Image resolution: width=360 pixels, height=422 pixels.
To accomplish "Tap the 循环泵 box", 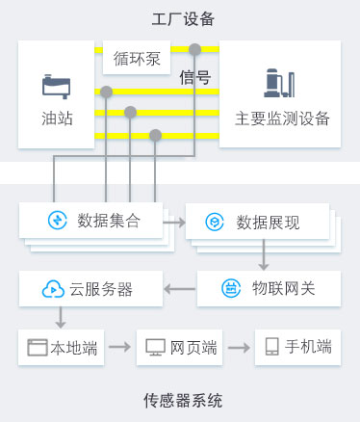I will click(x=138, y=58).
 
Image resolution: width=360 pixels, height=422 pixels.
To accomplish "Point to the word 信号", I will click(x=195, y=79).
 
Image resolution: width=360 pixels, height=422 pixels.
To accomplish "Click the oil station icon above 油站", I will click(x=57, y=87).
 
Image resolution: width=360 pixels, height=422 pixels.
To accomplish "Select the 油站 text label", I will click(x=57, y=119).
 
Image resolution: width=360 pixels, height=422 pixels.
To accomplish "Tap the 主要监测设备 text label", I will click(x=282, y=119).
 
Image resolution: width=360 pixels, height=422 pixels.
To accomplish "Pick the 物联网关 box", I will click(x=269, y=288).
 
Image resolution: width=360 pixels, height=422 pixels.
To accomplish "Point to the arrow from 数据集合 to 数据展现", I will click(x=173, y=223).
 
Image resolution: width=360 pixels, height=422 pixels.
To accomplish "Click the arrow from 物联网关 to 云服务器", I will click(x=180, y=288).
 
